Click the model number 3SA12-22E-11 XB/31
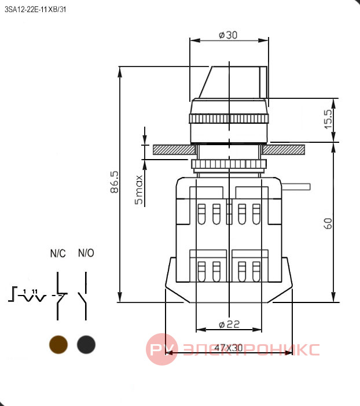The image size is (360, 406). pyautogui.click(x=35, y=10)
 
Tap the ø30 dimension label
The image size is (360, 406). pyautogui.click(x=228, y=35)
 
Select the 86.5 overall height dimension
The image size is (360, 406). pyautogui.click(x=114, y=182)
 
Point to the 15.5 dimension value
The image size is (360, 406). pyautogui.click(x=328, y=119)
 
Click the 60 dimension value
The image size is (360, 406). pyautogui.click(x=328, y=223)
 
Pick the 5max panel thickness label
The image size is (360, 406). pyautogui.click(x=139, y=190)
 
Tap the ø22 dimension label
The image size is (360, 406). pyautogui.click(x=229, y=324)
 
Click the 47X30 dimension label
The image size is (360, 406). pyautogui.click(x=229, y=348)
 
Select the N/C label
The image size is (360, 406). pyautogui.click(x=58, y=253)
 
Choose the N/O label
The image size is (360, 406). pyautogui.click(x=86, y=253)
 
